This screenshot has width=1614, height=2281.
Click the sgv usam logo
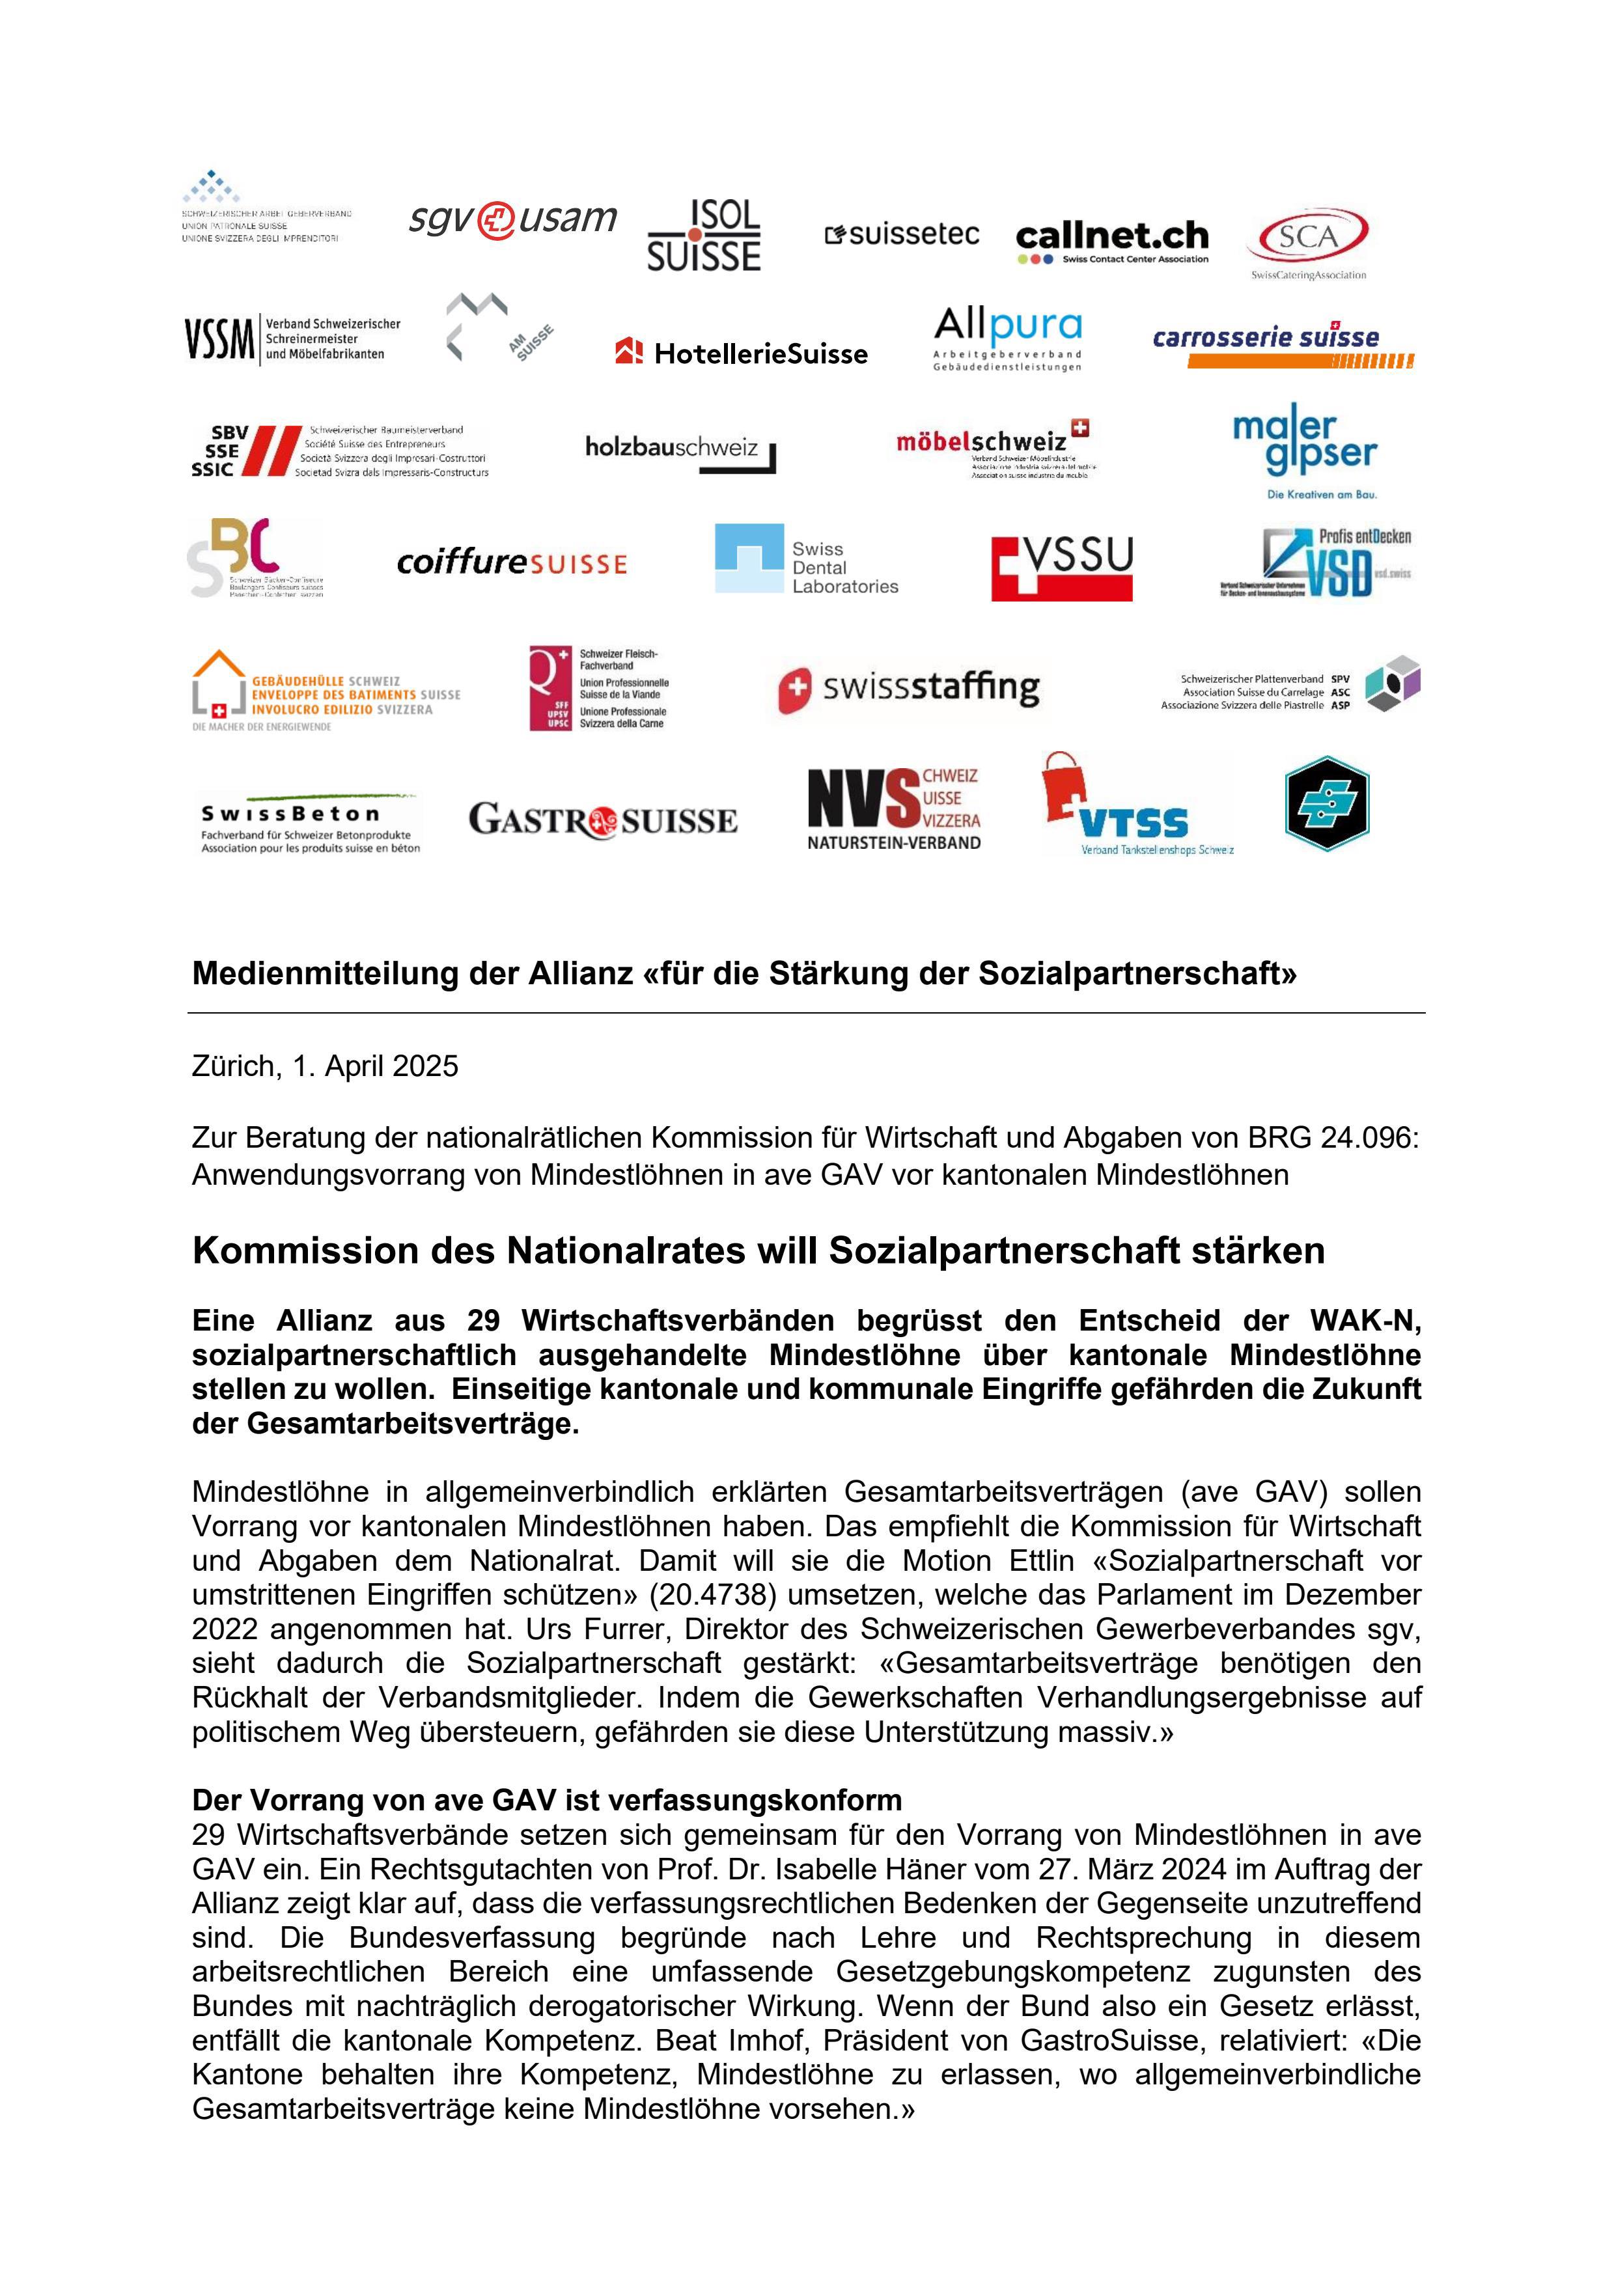[x=513, y=219]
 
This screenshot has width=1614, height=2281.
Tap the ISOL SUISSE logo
[x=704, y=236]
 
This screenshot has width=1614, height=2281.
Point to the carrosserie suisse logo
[x=1282, y=343]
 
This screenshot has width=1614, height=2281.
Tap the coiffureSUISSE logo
[x=512, y=563]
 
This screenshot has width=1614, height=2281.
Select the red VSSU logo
[x=1061, y=567]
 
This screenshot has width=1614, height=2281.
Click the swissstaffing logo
[x=908, y=687]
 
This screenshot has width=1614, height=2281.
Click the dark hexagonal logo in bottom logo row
[x=1327, y=804]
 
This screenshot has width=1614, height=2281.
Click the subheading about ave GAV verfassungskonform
[x=547, y=1799]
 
